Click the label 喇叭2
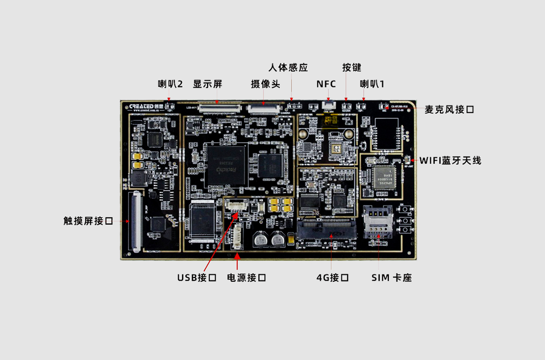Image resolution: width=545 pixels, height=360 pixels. [170, 84]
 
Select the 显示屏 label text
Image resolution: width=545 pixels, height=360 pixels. [208, 84]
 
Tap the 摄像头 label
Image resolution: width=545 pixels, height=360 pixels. [266, 84]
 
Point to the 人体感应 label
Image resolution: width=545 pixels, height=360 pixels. [288, 68]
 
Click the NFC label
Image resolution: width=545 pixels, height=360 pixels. [326, 84]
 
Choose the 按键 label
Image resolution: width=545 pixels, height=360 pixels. [352, 68]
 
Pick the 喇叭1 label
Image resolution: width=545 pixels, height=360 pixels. [372, 84]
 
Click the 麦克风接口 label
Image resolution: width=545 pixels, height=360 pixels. [450, 110]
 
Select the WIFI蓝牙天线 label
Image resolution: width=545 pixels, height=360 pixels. [450, 160]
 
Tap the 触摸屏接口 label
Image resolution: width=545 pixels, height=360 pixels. [88, 221]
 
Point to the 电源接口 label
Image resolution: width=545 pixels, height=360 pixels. [246, 277]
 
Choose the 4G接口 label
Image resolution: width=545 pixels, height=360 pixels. [332, 277]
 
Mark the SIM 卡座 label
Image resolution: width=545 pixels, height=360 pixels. [391, 277]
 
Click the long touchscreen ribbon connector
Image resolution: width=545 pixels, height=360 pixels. [136, 221]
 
